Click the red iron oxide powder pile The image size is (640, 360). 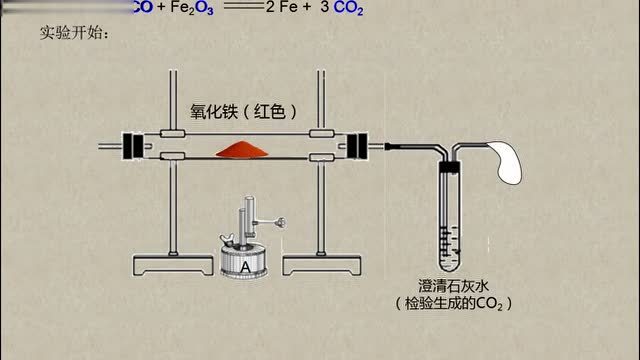pos(240,148)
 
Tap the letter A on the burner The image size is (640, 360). pos(245,266)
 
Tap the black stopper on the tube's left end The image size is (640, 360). pos(129,145)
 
